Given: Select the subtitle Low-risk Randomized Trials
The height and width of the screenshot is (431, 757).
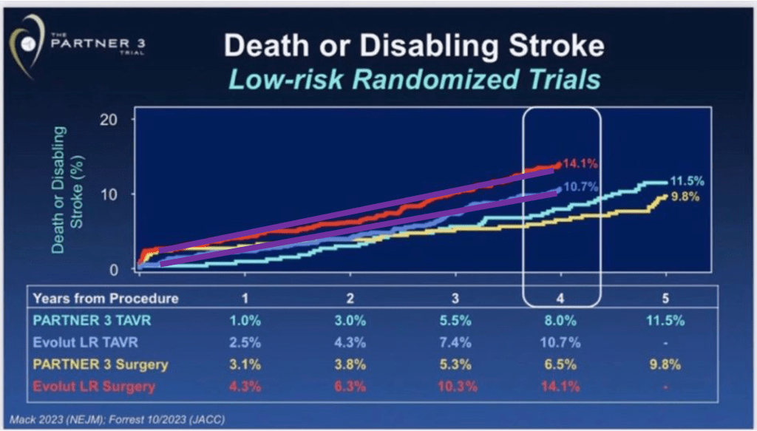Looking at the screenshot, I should [413, 79].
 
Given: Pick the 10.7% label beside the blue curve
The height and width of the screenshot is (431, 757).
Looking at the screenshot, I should [580, 188].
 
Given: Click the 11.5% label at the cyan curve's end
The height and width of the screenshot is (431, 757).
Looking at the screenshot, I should [688, 181].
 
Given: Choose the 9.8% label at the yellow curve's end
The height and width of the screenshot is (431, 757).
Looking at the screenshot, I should [688, 197].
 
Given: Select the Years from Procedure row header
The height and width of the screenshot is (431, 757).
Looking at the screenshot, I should [106, 299].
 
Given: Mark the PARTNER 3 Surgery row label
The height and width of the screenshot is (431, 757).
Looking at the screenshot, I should [101, 364].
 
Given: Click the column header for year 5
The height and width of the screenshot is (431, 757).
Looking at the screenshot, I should [667, 299].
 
